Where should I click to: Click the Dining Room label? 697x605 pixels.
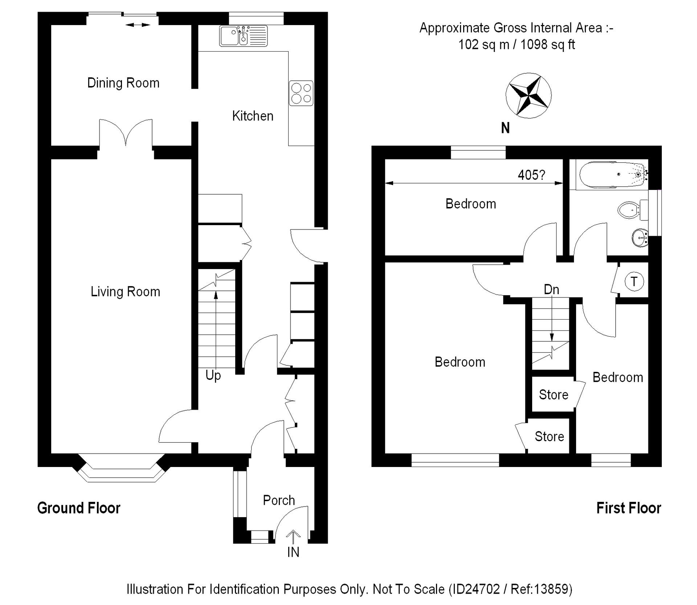pos(123,83)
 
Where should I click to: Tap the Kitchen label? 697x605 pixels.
pos(253,116)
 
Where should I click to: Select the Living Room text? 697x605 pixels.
pos(125,292)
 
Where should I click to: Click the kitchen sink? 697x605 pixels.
pos(243,36)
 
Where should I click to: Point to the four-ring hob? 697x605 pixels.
pos(301,93)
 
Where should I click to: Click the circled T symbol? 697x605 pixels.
pos(634,281)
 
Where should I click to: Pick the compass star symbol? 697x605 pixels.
pos(529,96)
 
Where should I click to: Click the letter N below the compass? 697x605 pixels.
pos(505,128)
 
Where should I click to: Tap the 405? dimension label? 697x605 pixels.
pos(531,175)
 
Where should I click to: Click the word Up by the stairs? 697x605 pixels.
pos(213,375)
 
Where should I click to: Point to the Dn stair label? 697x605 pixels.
pos(551,289)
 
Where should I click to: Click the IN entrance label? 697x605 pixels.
pos(293,552)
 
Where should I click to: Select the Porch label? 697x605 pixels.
pos(279,500)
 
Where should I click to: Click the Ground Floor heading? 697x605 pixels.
pos(79,508)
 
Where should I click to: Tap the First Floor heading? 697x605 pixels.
pos(629,508)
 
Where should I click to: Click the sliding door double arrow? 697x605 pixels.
pos(138,25)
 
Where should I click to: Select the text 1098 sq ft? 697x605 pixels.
pos(548,45)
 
